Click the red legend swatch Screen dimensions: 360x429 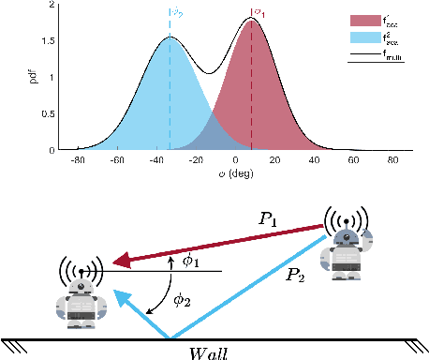tap(362, 21)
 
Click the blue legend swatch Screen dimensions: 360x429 tap(362, 39)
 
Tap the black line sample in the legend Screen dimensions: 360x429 tap(362, 55)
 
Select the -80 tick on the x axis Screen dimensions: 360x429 tap(79, 159)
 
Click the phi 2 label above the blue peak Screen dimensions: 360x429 tap(175, 12)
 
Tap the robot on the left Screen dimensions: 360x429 tap(81, 296)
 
